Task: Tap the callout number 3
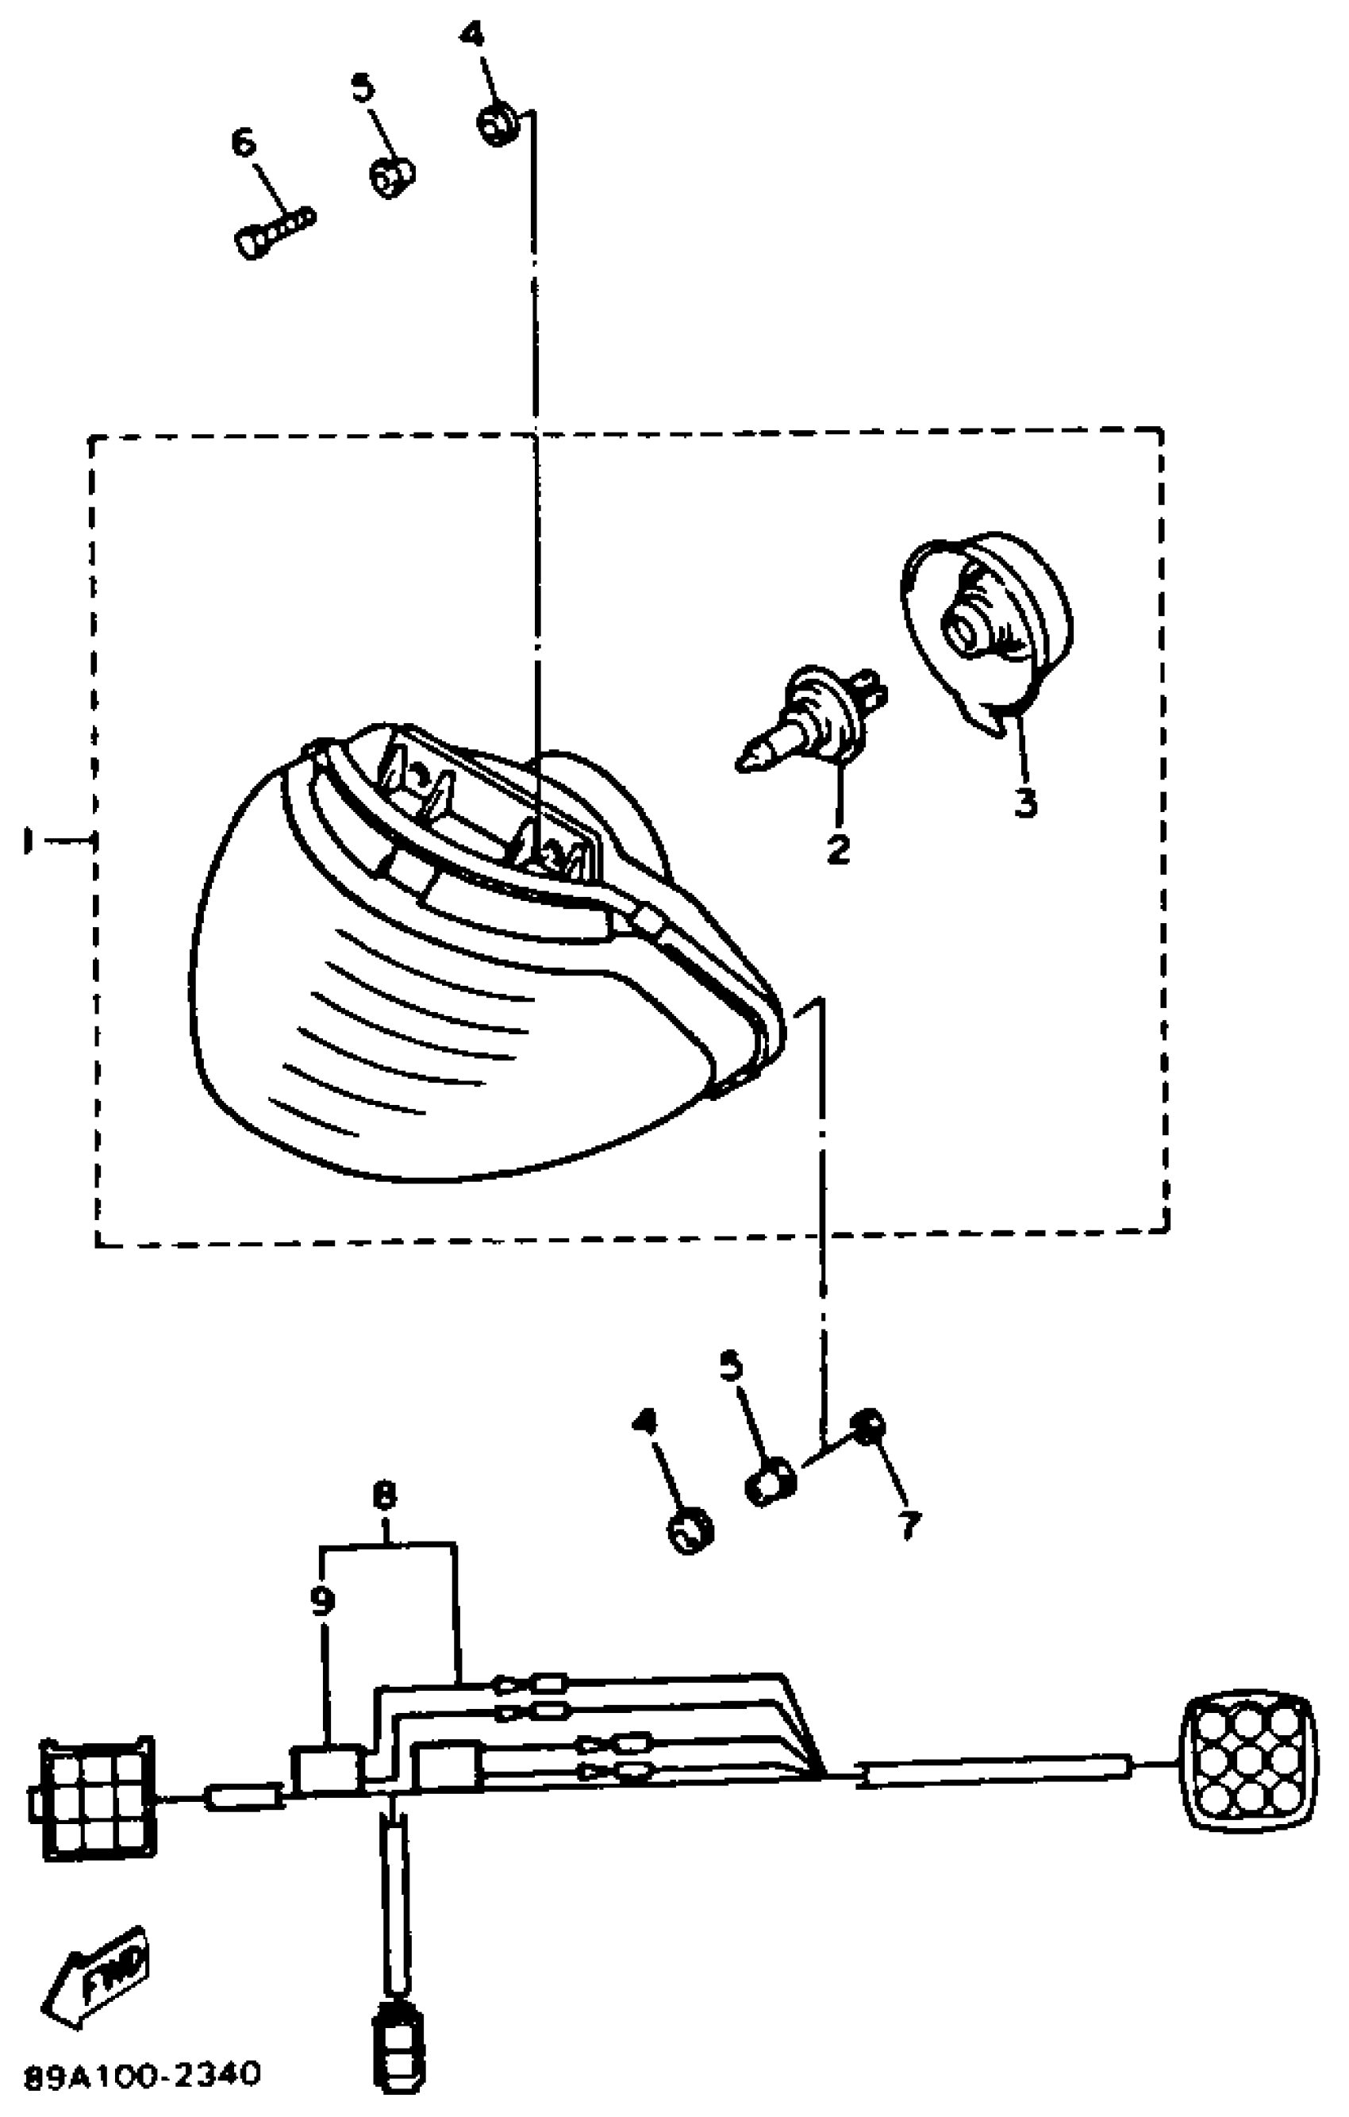tap(1024, 802)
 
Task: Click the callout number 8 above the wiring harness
tap(385, 1495)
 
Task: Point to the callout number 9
tap(322, 1602)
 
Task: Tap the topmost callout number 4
tap(472, 35)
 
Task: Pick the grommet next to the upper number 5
tap(391, 178)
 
